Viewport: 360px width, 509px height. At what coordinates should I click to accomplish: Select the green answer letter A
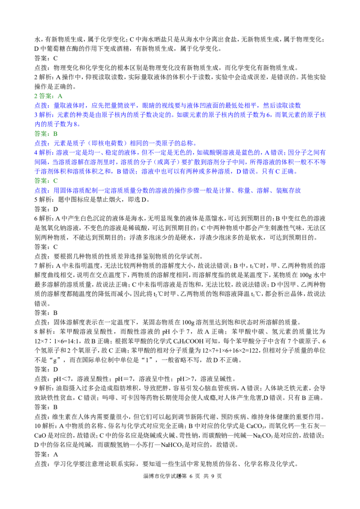click(x=61, y=97)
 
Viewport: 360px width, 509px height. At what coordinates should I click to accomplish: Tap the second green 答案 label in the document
click(x=41, y=133)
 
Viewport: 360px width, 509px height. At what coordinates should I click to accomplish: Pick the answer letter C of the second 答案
click(x=55, y=133)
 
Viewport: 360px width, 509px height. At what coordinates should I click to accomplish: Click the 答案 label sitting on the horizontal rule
click(x=41, y=181)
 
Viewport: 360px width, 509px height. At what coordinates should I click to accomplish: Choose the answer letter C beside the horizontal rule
click(x=55, y=181)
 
